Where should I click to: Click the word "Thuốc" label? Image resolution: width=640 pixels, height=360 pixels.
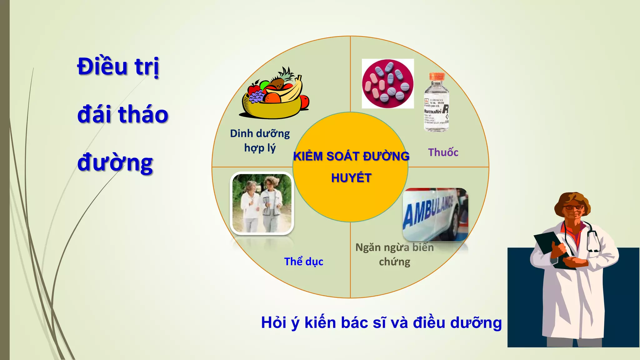point(443,152)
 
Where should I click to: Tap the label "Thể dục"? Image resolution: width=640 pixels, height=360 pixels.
point(303,262)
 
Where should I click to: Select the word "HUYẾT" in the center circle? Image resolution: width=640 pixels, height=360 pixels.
point(351,178)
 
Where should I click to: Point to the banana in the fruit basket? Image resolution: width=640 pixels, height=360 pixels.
point(292,91)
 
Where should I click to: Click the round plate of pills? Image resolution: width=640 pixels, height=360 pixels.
point(387,84)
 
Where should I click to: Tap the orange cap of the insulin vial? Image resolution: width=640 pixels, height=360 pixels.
point(437,76)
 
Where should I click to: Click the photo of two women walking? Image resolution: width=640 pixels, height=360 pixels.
point(262,203)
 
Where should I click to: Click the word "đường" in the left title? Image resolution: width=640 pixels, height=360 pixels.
point(115,163)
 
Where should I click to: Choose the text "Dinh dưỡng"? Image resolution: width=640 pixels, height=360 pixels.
point(260,134)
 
